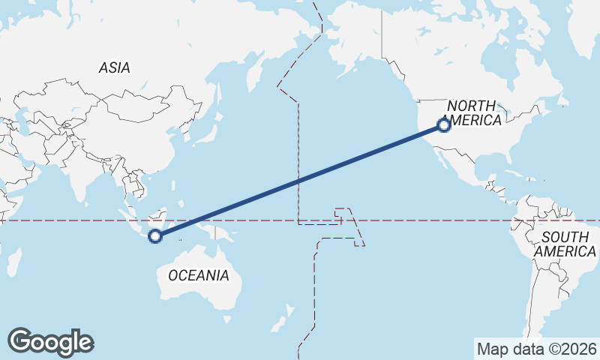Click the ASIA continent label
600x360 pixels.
[114, 67]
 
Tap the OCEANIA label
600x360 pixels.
[198, 275]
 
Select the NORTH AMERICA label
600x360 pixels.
[474, 113]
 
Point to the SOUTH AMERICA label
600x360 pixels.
[565, 244]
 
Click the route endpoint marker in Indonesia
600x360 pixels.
[155, 236]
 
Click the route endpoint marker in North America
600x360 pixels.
[443, 124]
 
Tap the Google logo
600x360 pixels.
[50, 342]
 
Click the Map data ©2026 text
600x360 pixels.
[536, 349]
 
